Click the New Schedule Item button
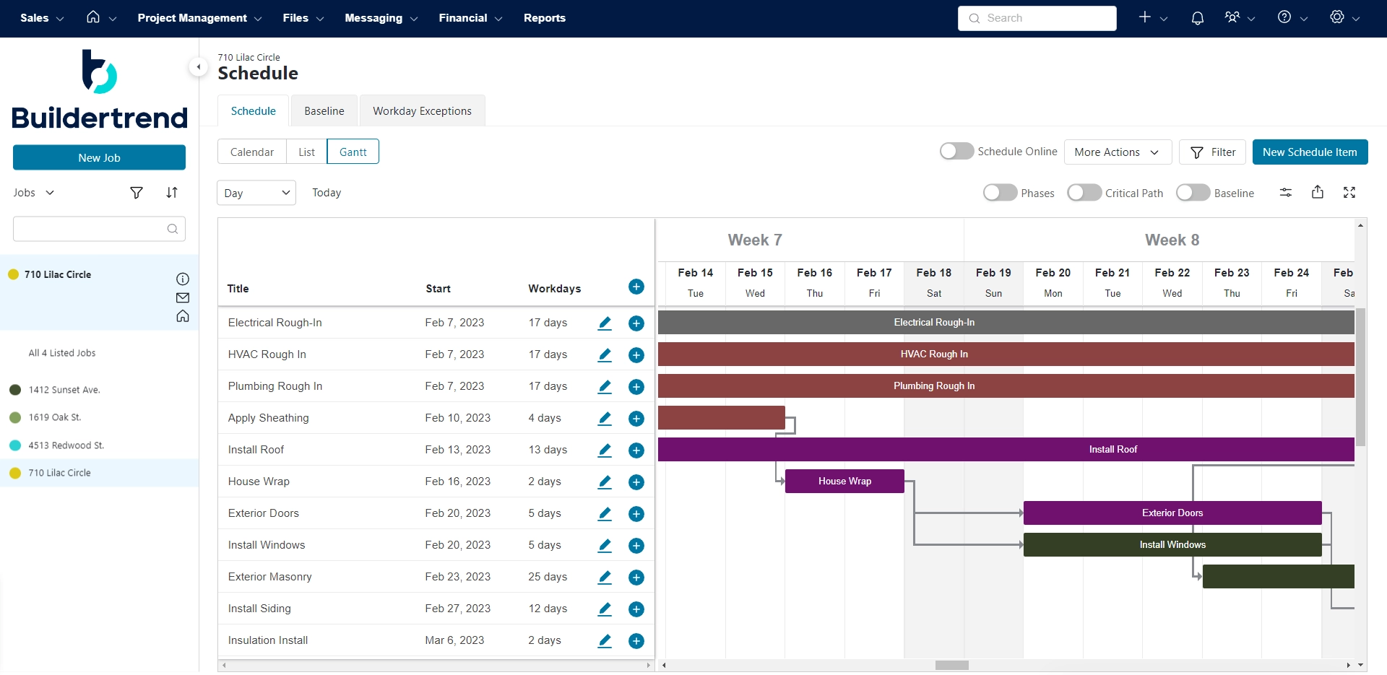pyautogui.click(x=1309, y=152)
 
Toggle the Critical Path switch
pyautogui.click(x=1084, y=193)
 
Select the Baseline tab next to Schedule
pyautogui.click(x=324, y=111)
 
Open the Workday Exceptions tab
pyautogui.click(x=422, y=111)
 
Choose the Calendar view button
pyautogui.click(x=251, y=152)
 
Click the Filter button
pyautogui.click(x=1212, y=152)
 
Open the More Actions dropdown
pyautogui.click(x=1117, y=152)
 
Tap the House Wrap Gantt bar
pyautogui.click(x=844, y=482)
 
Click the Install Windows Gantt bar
pyautogui.click(x=1172, y=545)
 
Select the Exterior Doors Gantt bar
pyautogui.click(x=1172, y=513)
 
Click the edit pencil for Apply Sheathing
pyautogui.click(x=605, y=418)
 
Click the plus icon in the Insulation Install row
pyautogui.click(x=636, y=640)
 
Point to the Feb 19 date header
pyautogui.click(x=993, y=273)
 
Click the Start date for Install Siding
pyautogui.click(x=457, y=609)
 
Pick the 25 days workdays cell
pyautogui.click(x=548, y=577)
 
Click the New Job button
pyautogui.click(x=99, y=157)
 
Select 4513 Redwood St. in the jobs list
pyautogui.click(x=66, y=445)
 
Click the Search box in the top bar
pyautogui.click(x=1037, y=18)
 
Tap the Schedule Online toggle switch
pyautogui.click(x=956, y=151)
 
